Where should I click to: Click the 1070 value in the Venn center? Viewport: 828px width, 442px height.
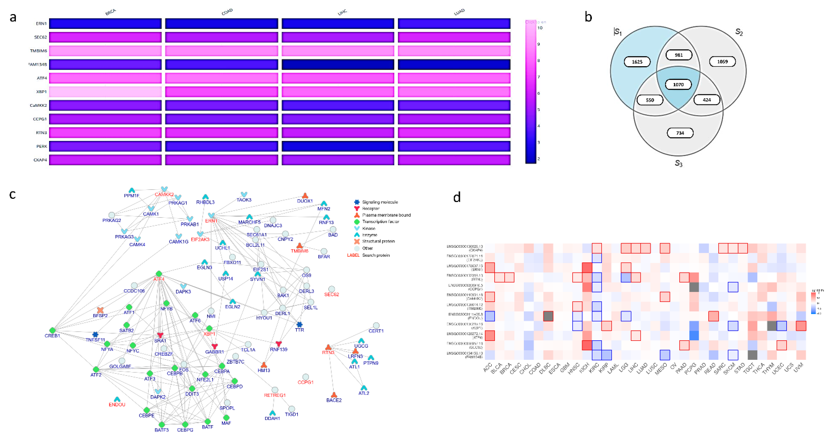point(678,84)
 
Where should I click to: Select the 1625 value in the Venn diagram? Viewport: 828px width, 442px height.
point(637,62)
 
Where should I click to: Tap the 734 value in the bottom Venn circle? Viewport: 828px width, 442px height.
point(680,133)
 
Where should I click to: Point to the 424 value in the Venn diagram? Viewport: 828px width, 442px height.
point(707,100)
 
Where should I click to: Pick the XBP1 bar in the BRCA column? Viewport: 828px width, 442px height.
point(105,91)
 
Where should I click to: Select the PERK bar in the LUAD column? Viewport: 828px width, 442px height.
point(454,146)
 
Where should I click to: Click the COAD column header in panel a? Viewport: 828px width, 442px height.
point(227,12)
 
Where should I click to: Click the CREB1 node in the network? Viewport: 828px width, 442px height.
point(52,330)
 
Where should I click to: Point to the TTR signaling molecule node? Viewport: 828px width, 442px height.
point(299,325)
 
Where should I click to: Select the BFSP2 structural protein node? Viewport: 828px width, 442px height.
point(100,310)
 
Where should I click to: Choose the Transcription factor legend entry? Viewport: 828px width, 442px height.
point(380,222)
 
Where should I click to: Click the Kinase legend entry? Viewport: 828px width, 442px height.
point(369,228)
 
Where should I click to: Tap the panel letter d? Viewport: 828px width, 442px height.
point(457,197)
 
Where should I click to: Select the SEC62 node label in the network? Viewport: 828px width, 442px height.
point(331,294)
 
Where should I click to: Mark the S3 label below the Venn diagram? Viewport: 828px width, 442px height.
point(678,163)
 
